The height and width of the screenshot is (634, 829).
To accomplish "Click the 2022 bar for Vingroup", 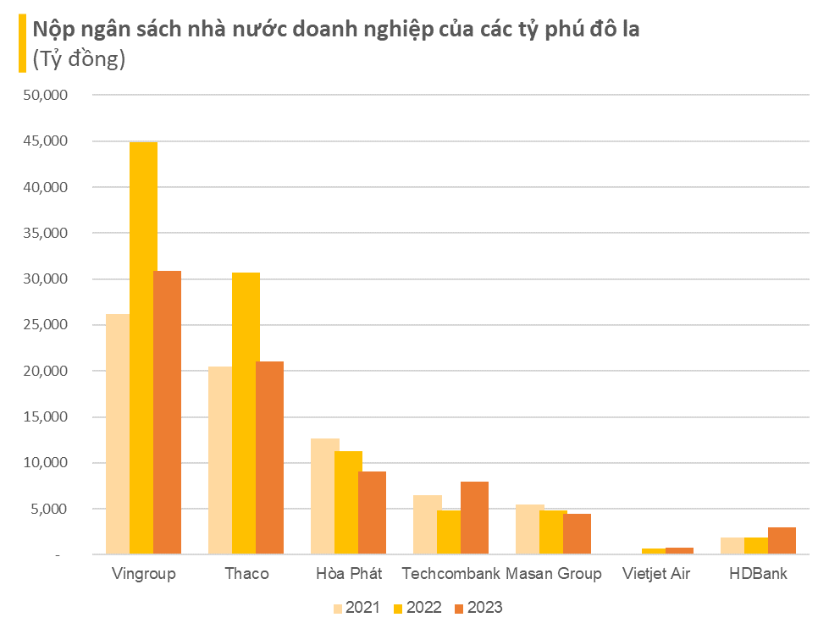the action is click(x=143, y=348).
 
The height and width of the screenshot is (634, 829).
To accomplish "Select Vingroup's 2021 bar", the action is click(x=118, y=434).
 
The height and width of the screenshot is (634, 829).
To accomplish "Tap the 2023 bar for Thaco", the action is click(x=269, y=458).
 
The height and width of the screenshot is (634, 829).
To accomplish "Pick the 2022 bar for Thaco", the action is click(x=246, y=414).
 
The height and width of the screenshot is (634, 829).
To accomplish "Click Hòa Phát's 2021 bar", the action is click(x=324, y=497).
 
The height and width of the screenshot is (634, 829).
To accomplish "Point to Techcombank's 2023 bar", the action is click(x=474, y=518).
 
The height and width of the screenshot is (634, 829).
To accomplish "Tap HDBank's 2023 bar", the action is click(x=782, y=541).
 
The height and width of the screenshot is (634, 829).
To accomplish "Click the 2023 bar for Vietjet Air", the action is click(x=679, y=551).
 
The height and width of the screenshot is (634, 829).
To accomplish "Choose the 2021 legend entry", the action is click(x=356, y=608).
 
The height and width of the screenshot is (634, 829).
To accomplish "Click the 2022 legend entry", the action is click(x=417, y=608).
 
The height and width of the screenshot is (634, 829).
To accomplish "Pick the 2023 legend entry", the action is click(x=478, y=608).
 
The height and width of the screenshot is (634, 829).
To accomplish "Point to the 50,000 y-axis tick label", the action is click(x=46, y=95).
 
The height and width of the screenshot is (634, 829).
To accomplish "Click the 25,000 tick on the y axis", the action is click(x=46, y=325).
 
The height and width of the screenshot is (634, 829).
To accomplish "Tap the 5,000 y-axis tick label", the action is click(x=49, y=509).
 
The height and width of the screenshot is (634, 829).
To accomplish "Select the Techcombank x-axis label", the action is click(x=451, y=574).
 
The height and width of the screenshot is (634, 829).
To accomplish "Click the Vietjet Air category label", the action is click(x=656, y=574).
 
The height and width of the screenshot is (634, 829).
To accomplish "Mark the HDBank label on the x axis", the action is click(x=758, y=574).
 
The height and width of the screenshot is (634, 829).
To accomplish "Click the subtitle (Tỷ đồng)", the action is click(x=79, y=59).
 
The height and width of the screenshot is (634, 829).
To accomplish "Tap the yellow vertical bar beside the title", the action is click(x=22, y=43).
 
